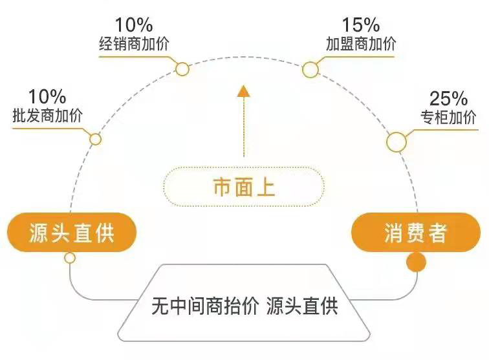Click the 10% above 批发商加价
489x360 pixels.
click(x=47, y=97)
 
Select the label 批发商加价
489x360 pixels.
click(x=48, y=116)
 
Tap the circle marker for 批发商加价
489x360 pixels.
click(x=95, y=139)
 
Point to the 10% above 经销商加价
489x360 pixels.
click(x=134, y=26)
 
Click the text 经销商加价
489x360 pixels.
click(x=134, y=45)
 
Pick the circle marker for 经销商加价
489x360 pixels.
click(x=182, y=68)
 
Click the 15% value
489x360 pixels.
click(x=360, y=26)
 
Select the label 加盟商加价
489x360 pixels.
click(x=361, y=44)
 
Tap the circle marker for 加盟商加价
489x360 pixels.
click(x=311, y=69)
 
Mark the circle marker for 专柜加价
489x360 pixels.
click(x=396, y=142)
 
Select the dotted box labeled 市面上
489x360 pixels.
click(x=243, y=187)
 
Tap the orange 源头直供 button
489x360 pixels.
click(x=72, y=233)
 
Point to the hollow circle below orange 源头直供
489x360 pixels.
click(x=70, y=258)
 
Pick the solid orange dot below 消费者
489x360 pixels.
click(x=415, y=262)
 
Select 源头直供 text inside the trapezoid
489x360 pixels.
click(x=301, y=304)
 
